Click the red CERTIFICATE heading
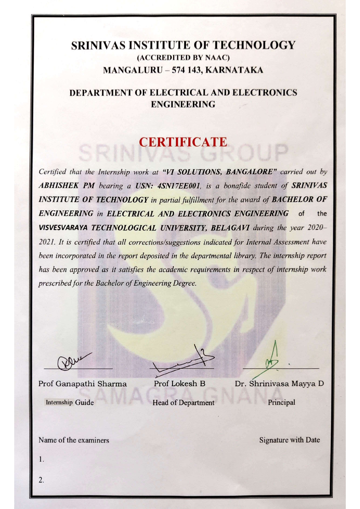[183, 142]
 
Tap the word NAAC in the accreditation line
[217, 58]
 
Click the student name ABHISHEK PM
[67, 186]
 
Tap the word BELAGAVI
[230, 228]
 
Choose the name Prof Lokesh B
[180, 384]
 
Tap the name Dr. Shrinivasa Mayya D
[279, 384]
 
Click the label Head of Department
[183, 403]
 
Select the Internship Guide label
[70, 402]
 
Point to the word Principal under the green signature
[281, 402]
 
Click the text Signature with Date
[290, 440]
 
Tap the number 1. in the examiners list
[41, 459]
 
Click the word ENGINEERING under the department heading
[183, 104]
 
